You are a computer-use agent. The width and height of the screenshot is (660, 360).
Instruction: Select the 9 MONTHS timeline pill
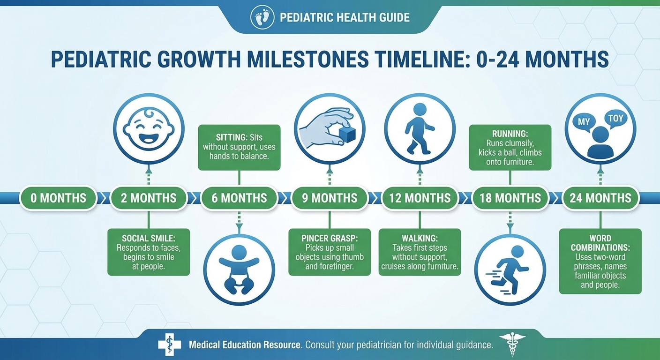pyautogui.click(x=330, y=198)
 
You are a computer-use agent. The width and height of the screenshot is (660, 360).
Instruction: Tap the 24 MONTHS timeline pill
pyautogui.click(x=600, y=198)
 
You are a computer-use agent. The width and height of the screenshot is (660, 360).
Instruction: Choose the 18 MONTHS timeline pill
pyautogui.click(x=510, y=198)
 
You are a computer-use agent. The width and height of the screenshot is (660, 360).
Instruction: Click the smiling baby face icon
pyautogui.click(x=148, y=128)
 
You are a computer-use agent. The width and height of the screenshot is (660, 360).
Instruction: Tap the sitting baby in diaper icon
pyautogui.click(x=239, y=270)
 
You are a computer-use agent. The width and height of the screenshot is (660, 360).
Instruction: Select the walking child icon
pyautogui.click(x=420, y=128)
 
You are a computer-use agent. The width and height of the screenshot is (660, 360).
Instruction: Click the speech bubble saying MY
pyautogui.click(x=584, y=122)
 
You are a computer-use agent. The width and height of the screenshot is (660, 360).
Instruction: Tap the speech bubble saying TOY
pyautogui.click(x=616, y=119)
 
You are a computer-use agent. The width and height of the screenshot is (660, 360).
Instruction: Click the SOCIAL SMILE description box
pyautogui.click(x=148, y=252)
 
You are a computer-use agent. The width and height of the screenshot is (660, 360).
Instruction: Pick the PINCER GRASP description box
pyautogui.click(x=330, y=252)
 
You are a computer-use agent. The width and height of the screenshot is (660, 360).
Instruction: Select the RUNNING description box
pyautogui.click(x=510, y=147)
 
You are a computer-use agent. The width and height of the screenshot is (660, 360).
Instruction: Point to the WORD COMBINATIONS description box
pyautogui.click(x=600, y=261)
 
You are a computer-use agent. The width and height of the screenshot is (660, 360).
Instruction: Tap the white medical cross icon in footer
pyautogui.click(x=169, y=345)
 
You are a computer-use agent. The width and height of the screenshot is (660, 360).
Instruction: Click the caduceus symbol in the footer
pyautogui.click(x=512, y=345)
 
